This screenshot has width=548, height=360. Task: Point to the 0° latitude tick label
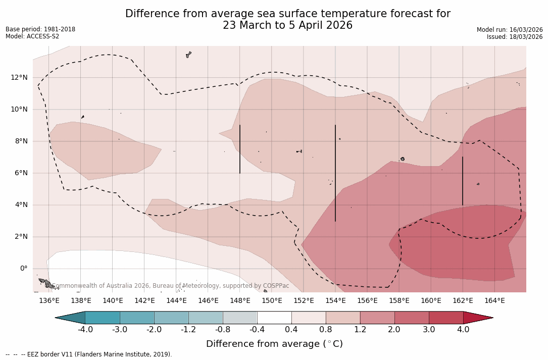24,269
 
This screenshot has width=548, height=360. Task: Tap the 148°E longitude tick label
240,301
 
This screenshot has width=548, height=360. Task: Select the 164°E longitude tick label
494,301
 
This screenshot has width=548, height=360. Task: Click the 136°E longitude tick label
49,301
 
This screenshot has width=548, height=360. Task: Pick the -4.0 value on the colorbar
85,330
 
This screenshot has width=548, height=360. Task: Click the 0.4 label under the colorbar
291,330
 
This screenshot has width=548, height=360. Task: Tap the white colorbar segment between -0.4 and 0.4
274,318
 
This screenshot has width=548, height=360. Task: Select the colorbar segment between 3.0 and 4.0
446,318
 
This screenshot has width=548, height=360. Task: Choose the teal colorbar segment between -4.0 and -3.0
103,318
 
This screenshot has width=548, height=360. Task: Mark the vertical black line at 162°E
463,181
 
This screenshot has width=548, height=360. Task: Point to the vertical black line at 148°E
240,149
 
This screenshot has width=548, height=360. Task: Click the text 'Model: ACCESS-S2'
32,36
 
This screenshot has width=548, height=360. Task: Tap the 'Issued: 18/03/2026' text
515,37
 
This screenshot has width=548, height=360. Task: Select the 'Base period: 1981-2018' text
40,29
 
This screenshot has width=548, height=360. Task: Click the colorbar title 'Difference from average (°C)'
274,344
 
